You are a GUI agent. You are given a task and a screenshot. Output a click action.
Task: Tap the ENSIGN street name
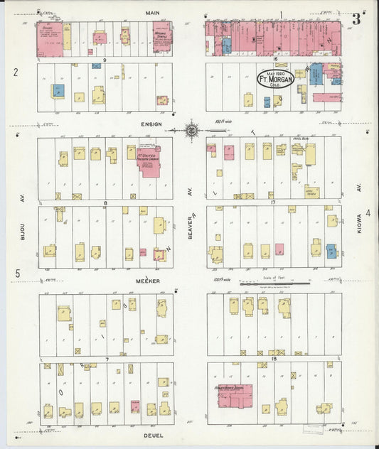pos(152,124)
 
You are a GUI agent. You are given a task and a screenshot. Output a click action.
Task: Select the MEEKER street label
pos(149,281)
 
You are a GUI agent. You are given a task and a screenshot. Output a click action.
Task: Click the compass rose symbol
pos(192,130)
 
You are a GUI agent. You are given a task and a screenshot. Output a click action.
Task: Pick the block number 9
pos(105,60)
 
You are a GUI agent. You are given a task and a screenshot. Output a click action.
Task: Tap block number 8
pos(105,203)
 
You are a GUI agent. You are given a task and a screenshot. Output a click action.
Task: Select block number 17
pos(272,203)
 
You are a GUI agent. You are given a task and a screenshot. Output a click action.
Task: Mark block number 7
pos(107,359)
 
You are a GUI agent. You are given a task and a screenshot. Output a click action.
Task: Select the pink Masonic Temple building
pos(162,37)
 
